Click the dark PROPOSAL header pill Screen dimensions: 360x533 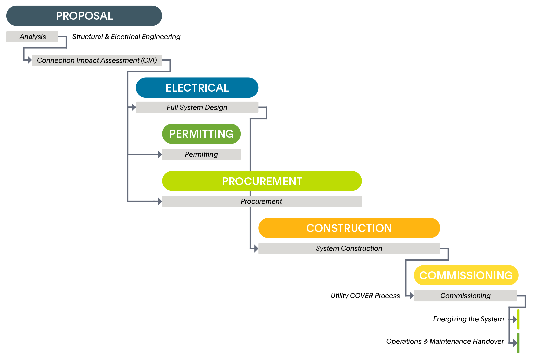tap(84, 16)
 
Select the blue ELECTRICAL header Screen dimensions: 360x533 tap(197, 88)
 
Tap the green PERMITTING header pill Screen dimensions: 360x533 tap(201, 134)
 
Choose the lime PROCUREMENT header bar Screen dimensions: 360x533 tap(262, 181)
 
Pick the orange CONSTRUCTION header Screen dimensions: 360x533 tap(349, 228)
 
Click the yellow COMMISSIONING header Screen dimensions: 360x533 tap(466, 275)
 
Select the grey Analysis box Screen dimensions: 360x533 tap(32, 37)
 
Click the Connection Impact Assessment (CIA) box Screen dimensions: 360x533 tap(97, 60)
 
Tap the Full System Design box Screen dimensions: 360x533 tap(197, 107)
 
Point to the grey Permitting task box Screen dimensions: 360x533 tap(201, 154)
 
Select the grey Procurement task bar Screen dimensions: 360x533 tap(262, 201)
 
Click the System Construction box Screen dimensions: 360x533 tap(349, 248)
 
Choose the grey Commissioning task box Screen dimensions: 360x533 tap(465, 296)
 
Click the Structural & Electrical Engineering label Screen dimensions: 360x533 tap(126, 37)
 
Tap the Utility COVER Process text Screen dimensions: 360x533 tap(365, 296)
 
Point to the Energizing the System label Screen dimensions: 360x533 tap(468, 319)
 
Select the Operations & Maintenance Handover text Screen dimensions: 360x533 tap(445, 341)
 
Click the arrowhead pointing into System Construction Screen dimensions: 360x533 tap(256, 248)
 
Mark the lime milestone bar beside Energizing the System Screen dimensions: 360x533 tap(518, 319)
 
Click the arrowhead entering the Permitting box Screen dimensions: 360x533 tap(160, 154)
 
